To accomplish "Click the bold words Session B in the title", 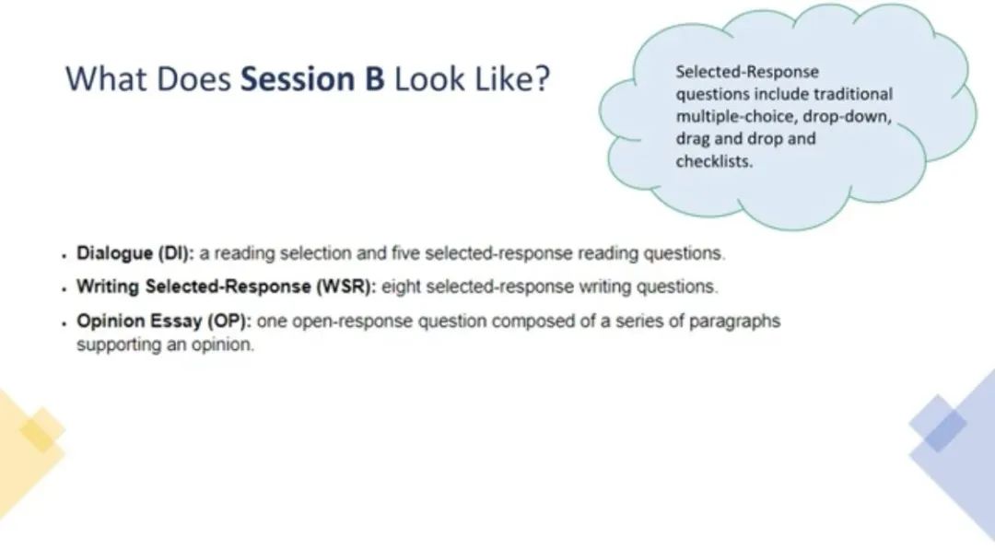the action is [312, 79].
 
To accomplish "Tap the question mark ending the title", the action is [542, 79].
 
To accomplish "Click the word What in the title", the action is [107, 79].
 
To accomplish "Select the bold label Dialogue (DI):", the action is [135, 253].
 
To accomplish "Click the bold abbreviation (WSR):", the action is [345, 286].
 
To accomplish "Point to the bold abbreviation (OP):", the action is [229, 321].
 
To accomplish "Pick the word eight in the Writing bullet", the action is [401, 286].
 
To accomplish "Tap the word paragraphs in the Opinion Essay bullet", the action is [734, 321].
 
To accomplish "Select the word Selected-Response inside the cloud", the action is [747, 72].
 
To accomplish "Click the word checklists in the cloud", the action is [714, 161].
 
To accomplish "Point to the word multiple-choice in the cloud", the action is [736, 117].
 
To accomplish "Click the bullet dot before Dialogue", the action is [64, 256].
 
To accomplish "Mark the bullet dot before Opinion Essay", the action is [64, 323].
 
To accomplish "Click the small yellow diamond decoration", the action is [41, 430].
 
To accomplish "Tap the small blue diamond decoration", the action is [938, 424].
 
